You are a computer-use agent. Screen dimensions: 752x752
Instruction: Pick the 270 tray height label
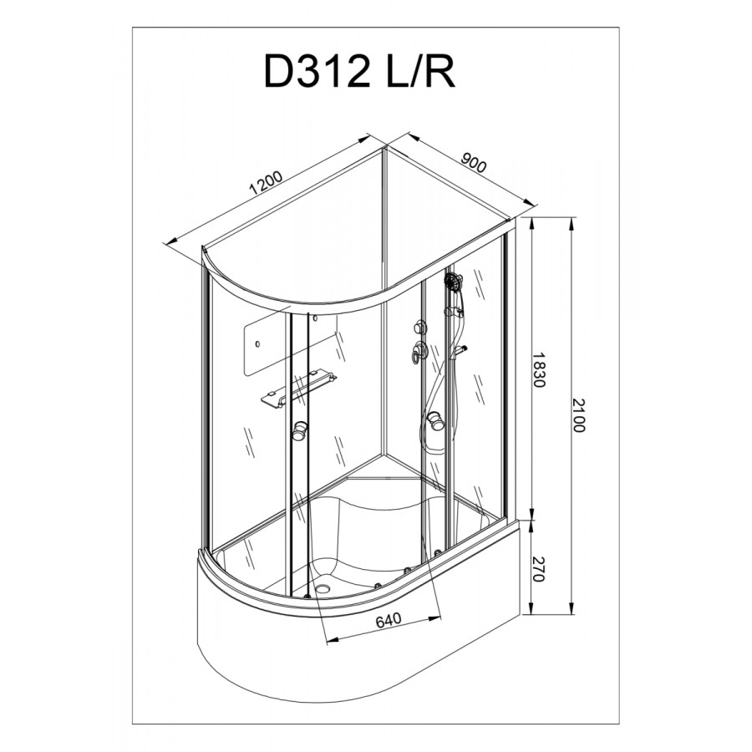[x=539, y=569]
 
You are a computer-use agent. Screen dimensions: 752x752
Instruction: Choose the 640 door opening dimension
[x=388, y=620]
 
